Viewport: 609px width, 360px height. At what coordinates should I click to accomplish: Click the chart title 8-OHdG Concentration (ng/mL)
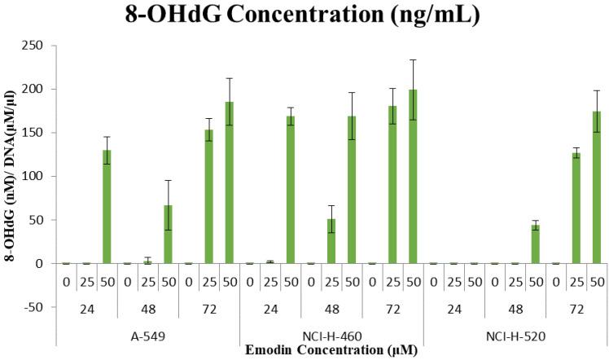tap(304, 15)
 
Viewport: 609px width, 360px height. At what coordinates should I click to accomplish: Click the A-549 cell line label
tap(147, 334)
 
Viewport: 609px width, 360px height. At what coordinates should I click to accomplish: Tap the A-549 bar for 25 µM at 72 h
tap(208, 196)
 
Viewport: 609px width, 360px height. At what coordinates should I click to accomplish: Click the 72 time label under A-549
tap(208, 309)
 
